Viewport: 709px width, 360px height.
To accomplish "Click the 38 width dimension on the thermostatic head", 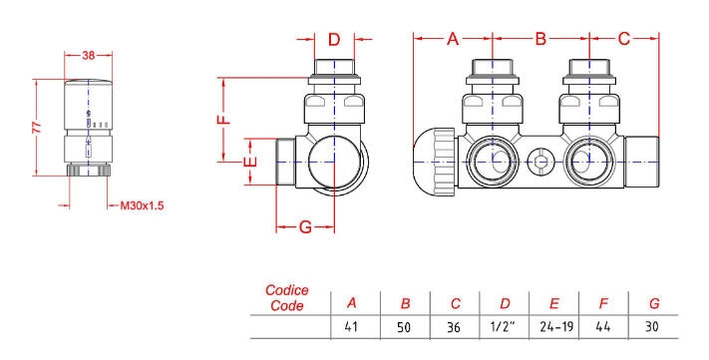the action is pyautogui.click(x=89, y=55).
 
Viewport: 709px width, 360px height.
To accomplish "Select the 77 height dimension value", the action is pyautogui.click(x=37, y=127).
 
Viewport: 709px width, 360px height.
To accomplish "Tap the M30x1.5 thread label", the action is pyautogui.click(x=142, y=205).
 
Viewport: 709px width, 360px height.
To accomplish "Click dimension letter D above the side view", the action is pyautogui.click(x=334, y=40).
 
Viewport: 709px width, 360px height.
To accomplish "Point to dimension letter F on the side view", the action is pyautogui.click(x=224, y=119).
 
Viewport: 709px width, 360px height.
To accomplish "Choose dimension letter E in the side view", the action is pyautogui.click(x=250, y=161).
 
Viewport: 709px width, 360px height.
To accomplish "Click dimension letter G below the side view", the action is pyautogui.click(x=306, y=226).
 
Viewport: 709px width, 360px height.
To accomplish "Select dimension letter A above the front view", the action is pyautogui.click(x=453, y=39).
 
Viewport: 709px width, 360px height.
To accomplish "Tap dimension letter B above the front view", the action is pyautogui.click(x=540, y=39).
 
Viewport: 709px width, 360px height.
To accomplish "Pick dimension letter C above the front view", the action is pyautogui.click(x=624, y=39).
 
